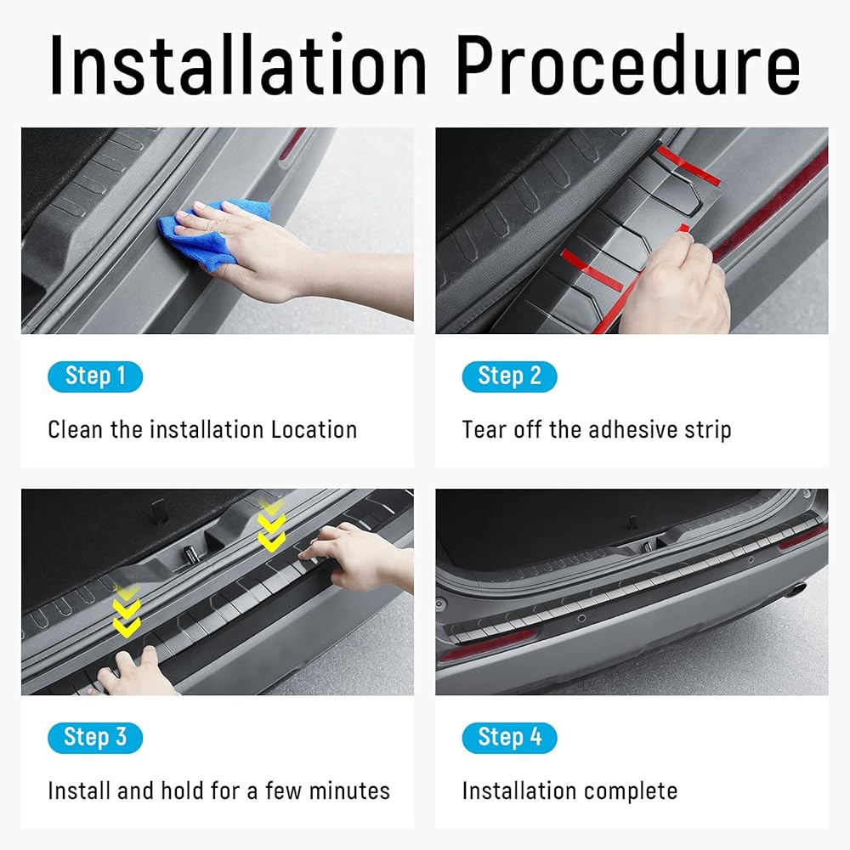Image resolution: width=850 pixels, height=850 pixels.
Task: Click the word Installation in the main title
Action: coord(238,64)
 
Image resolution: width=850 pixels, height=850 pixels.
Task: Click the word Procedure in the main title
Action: coord(628,64)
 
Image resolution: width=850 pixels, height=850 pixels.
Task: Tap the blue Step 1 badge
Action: coord(95,377)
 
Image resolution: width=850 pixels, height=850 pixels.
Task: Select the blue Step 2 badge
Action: coord(509,377)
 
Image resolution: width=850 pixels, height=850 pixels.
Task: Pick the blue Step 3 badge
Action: coord(95,738)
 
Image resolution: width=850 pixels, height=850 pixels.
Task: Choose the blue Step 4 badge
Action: coord(509,738)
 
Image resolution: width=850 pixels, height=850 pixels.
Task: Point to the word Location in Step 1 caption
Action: coord(314,430)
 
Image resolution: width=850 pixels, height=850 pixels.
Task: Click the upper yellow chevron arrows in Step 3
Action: coord(271,524)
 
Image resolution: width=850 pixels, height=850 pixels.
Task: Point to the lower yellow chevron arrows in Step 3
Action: coord(127,610)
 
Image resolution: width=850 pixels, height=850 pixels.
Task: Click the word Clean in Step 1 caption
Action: coord(76,430)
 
